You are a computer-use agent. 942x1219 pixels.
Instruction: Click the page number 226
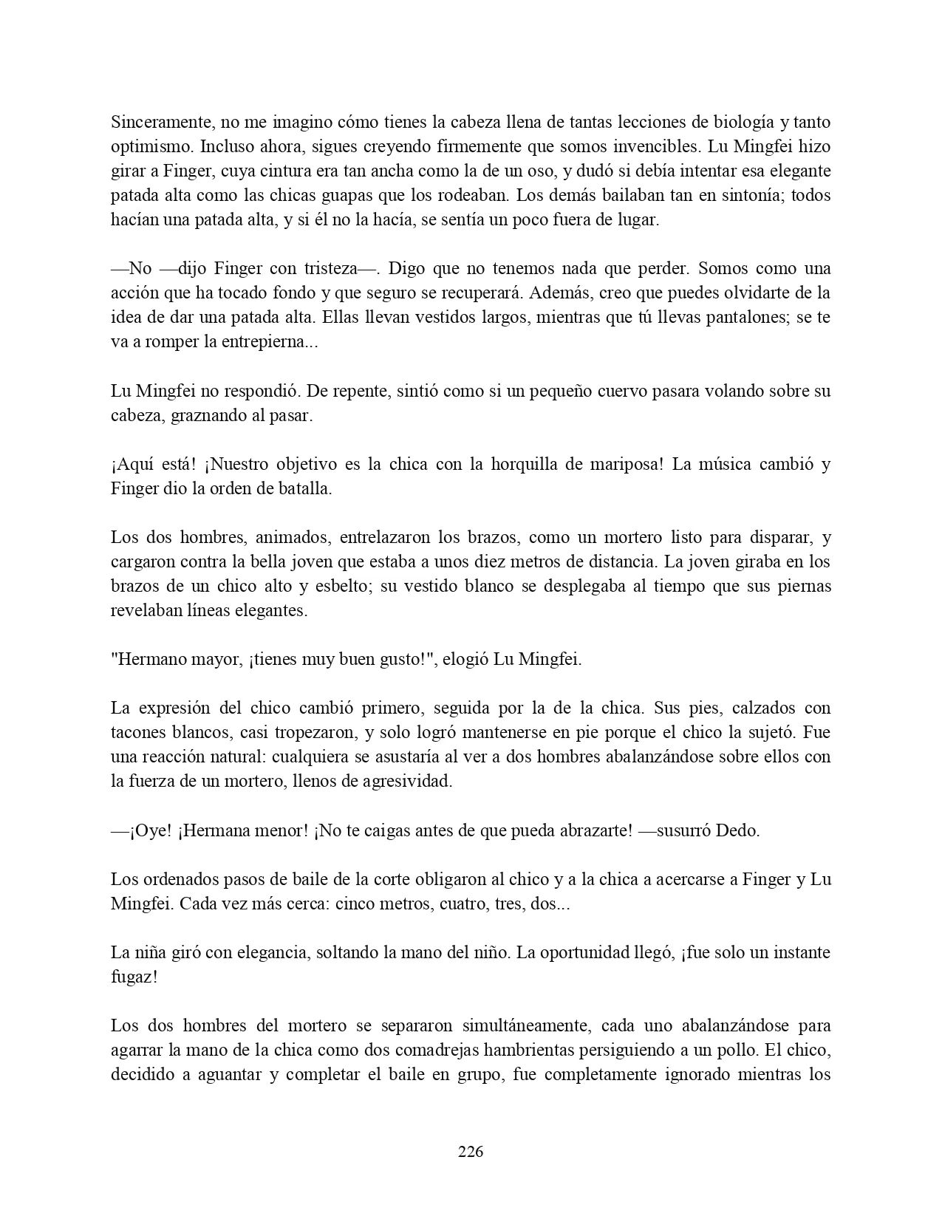tap(471, 1151)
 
